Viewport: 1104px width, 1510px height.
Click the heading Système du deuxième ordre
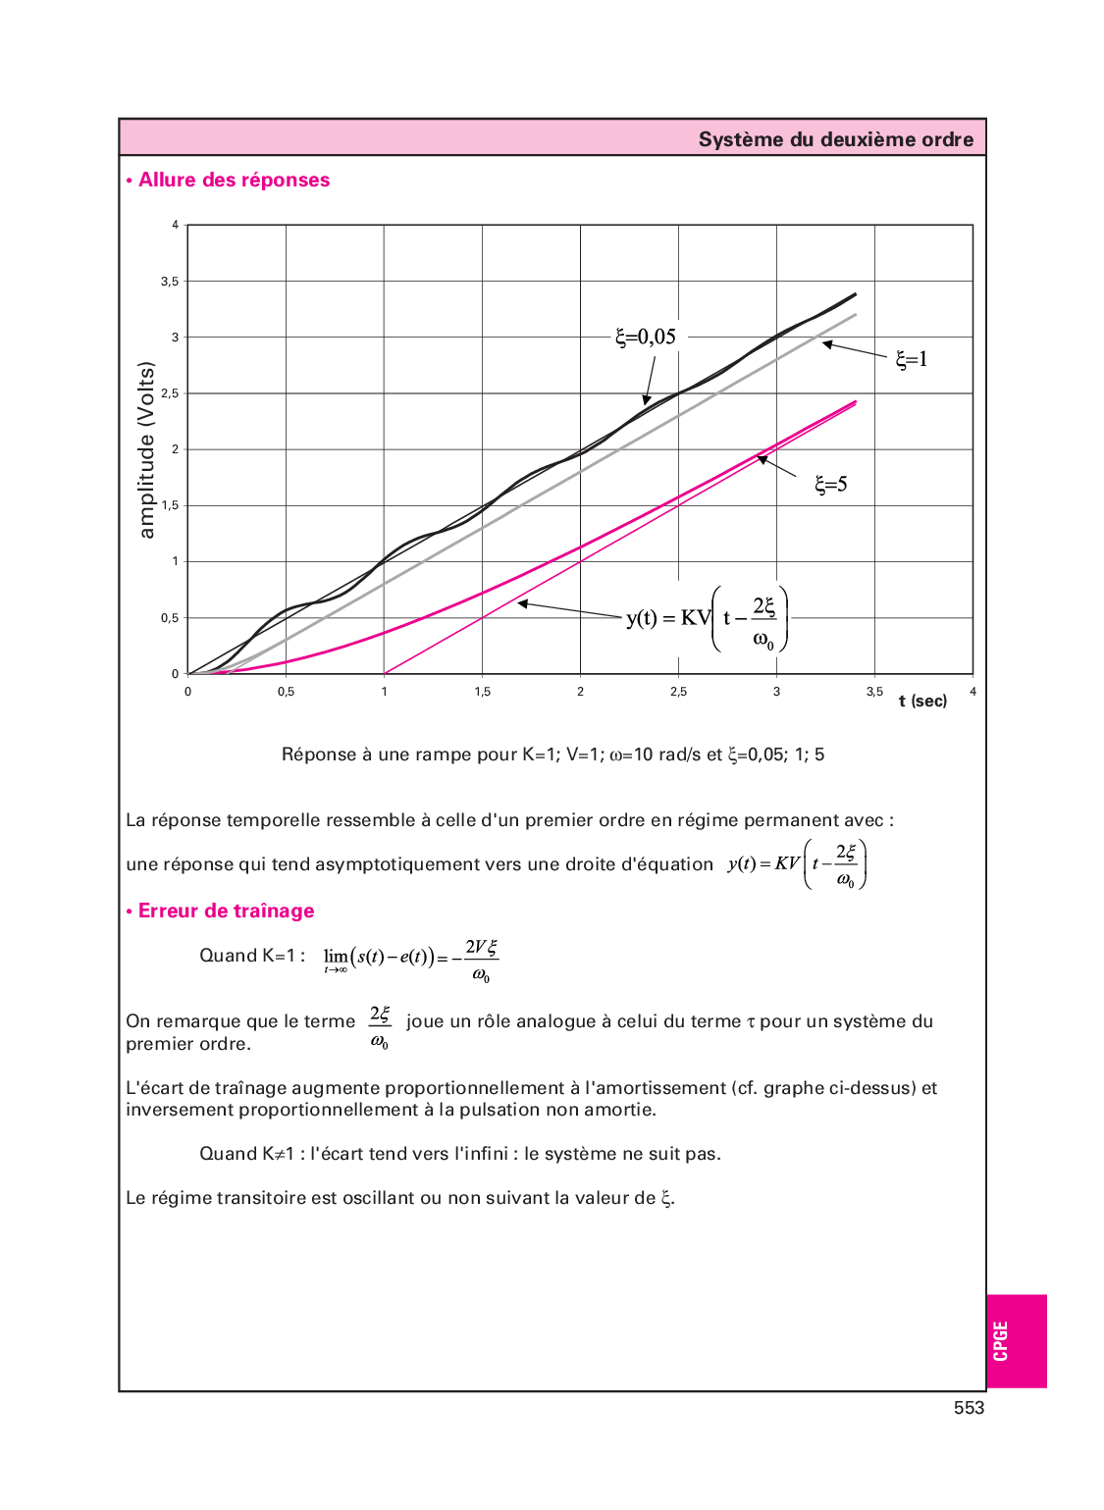[835, 139]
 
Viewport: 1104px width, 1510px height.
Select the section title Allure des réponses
[234, 180]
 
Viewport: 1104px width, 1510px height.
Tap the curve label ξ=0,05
[646, 337]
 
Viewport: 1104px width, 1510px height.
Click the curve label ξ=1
[911, 359]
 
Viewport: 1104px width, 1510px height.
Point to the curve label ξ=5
[830, 484]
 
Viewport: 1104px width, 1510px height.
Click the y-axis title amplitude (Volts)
[146, 449]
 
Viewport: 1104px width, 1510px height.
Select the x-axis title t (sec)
[922, 701]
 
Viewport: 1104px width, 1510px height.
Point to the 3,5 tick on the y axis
[170, 282]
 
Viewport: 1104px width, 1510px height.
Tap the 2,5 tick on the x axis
[678, 692]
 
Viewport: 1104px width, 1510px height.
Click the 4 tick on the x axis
[973, 692]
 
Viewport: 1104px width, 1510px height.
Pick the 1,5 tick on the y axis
[170, 505]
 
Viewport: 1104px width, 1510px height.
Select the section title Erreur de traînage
[226, 911]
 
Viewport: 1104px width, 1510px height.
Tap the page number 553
[969, 1408]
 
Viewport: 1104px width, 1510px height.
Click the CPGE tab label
[1000, 1341]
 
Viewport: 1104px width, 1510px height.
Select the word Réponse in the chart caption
[319, 755]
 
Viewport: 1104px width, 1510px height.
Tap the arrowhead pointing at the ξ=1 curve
[827, 343]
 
